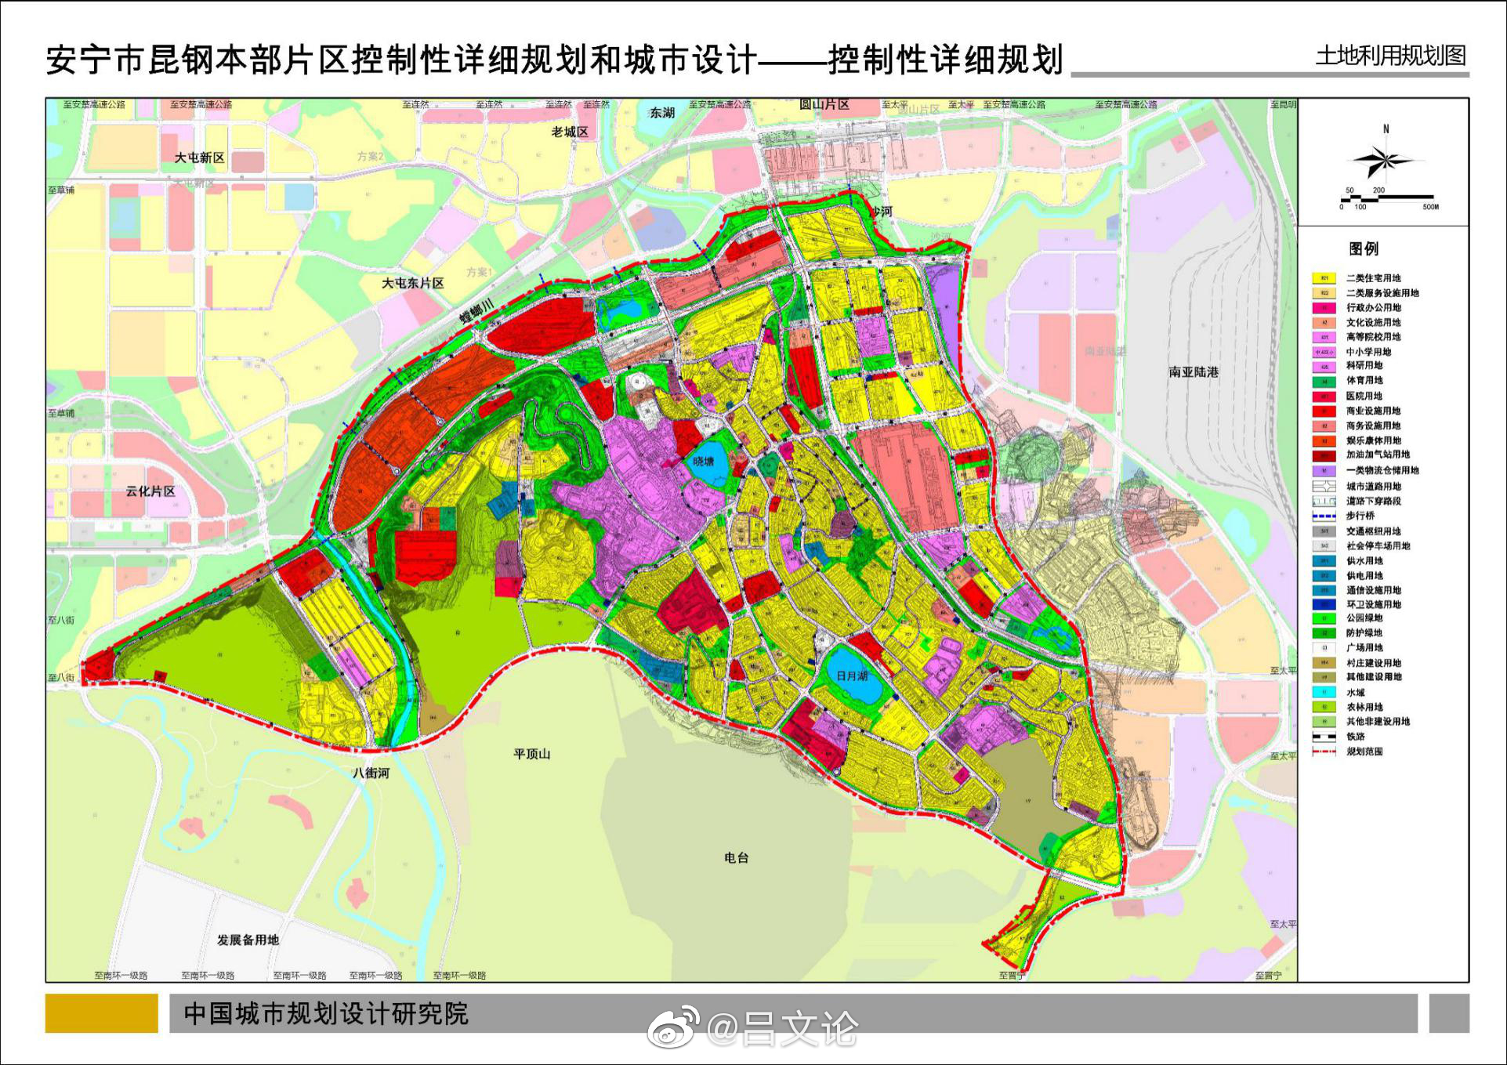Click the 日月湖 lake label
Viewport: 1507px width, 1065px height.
tap(852, 676)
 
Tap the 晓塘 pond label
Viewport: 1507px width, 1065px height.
tap(703, 462)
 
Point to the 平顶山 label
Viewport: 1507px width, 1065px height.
tap(531, 754)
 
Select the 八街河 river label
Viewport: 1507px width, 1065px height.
tap(371, 773)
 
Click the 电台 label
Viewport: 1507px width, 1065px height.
tap(736, 857)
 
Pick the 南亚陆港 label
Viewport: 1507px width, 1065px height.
tap(1194, 372)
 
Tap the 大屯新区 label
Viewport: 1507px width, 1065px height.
tap(199, 158)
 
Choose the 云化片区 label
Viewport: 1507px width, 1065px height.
tap(150, 491)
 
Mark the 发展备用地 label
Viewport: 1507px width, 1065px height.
tap(248, 940)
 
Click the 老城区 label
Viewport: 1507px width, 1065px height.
tap(570, 132)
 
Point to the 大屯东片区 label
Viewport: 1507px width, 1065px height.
tap(412, 283)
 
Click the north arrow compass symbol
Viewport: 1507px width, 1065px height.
tap(1384, 161)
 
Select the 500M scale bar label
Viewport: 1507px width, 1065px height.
tap(1430, 207)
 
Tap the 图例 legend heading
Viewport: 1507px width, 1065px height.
tap(1364, 248)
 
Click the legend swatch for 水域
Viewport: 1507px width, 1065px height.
tap(1324, 693)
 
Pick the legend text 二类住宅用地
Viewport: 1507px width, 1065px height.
tap(1373, 278)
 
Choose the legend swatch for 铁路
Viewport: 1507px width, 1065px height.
tap(1324, 737)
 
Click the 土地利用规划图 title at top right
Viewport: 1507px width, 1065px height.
tap(1390, 56)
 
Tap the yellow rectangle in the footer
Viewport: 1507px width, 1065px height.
tap(101, 1013)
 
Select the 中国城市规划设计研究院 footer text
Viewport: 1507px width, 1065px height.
tap(326, 1013)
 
